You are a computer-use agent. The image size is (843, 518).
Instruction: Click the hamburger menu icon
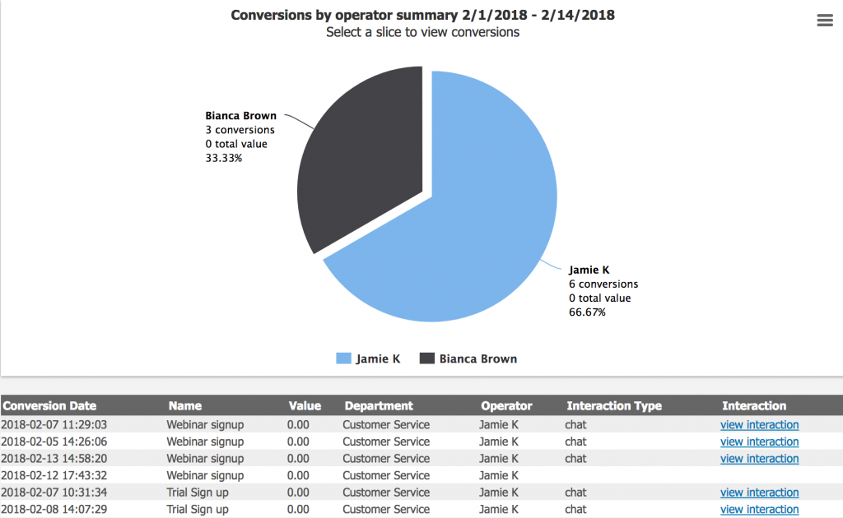click(825, 21)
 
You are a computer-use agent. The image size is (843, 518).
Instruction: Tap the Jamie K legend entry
click(368, 358)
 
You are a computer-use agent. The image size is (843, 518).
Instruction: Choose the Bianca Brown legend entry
click(468, 358)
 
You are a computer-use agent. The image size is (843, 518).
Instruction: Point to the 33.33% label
click(224, 158)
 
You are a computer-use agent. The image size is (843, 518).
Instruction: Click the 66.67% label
click(587, 312)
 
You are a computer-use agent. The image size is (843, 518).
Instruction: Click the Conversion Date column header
click(49, 405)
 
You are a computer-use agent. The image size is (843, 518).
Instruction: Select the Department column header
click(379, 405)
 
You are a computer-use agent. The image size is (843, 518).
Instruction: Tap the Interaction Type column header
click(613, 405)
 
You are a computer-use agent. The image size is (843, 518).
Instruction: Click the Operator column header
click(506, 405)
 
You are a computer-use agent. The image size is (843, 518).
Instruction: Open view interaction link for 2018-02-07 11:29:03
click(759, 425)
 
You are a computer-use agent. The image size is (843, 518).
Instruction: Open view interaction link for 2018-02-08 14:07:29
click(759, 510)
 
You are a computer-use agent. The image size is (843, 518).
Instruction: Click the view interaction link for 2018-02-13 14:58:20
click(759, 459)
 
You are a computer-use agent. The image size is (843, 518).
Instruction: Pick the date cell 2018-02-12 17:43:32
click(54, 475)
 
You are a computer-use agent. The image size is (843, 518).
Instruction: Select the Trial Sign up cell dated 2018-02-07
click(198, 493)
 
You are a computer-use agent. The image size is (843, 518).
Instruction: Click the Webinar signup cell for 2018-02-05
click(205, 442)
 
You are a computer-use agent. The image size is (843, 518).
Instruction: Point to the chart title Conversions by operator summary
click(422, 16)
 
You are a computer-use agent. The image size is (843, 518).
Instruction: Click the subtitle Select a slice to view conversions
click(422, 32)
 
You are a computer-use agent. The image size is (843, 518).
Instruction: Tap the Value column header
click(305, 405)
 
